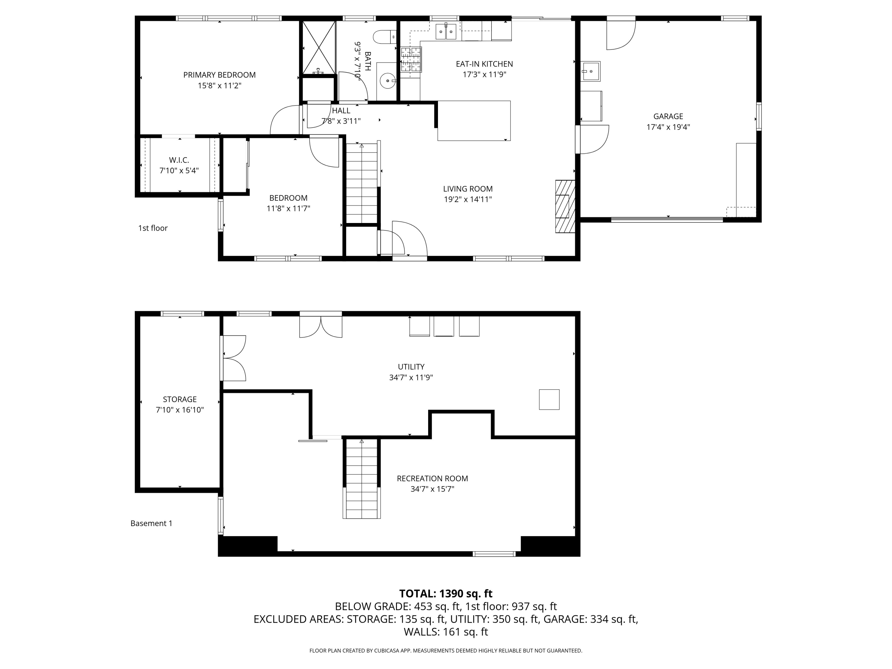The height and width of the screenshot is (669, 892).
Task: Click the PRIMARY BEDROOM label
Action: point(219,75)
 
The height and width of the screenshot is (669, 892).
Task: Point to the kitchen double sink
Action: point(446,32)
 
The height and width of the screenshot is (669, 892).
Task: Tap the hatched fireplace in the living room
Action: point(565,206)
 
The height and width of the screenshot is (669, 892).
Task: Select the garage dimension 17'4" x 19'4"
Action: point(668,127)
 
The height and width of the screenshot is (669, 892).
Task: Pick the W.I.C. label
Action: point(179,160)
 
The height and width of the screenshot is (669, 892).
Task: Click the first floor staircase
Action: point(362,183)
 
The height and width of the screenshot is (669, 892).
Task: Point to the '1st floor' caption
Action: point(153,228)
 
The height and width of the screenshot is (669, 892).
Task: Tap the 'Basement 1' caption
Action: point(151,523)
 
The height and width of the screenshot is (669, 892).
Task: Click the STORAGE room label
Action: point(180,399)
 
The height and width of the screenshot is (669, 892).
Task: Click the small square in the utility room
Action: point(549,400)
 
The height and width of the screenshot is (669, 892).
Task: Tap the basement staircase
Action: point(362,479)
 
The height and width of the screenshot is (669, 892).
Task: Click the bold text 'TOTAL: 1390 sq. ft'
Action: point(446,593)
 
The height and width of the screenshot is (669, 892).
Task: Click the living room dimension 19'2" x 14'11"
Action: point(468,199)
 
